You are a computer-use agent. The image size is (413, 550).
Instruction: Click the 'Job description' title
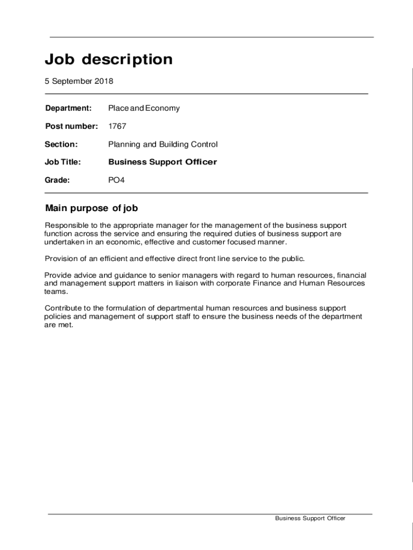108,60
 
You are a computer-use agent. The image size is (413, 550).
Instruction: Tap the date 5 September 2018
79,82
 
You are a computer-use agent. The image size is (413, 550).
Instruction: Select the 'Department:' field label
69,108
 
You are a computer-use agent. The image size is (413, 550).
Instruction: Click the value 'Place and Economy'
144,108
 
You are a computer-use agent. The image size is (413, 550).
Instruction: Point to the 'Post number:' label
71,126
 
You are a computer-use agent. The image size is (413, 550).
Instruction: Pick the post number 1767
117,126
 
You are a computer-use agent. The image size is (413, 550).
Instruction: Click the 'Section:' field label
62,144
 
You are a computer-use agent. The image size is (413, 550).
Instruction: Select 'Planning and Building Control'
163,144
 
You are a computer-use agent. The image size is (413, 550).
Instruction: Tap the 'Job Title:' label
63,162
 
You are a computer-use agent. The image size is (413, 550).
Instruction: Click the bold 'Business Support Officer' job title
163,162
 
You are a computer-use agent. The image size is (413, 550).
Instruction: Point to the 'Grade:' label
58,180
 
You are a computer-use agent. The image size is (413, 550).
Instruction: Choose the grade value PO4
116,180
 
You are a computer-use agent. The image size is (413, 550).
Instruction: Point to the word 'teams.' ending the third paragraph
56,292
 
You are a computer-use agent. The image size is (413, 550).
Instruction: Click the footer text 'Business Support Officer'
310,518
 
